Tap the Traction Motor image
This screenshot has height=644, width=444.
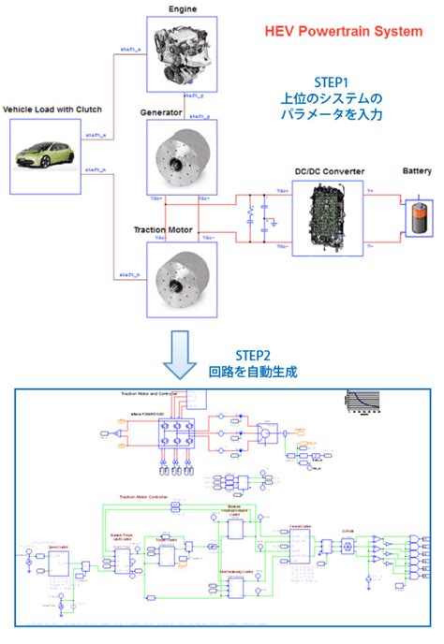pos(182,274)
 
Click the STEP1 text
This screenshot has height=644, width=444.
pos(333,82)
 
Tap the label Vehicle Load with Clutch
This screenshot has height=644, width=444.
pos(52,110)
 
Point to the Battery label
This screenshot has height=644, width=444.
pos(417,171)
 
